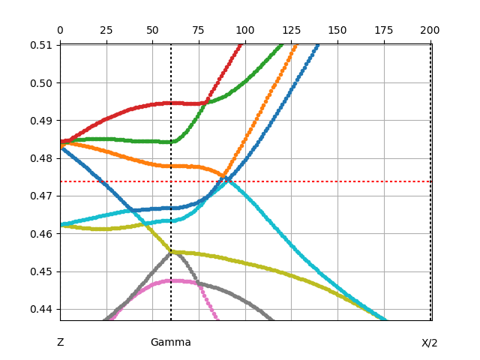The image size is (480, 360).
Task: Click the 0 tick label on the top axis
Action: coord(60,30)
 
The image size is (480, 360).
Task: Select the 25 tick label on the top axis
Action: coord(106,30)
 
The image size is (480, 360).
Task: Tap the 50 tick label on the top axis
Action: coord(152,30)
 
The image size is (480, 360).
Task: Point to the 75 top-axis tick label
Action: coord(199,30)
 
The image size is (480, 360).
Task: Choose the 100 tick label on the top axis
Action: coord(245,30)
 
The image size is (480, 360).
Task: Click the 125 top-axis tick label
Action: coord(291,30)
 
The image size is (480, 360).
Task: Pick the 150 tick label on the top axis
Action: coord(337,30)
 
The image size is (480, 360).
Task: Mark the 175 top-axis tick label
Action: coord(384,30)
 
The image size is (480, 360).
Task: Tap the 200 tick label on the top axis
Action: coord(430,30)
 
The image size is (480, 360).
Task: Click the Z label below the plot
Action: coord(61,343)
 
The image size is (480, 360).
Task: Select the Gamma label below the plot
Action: coord(171,343)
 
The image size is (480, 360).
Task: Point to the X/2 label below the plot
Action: coord(430,343)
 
